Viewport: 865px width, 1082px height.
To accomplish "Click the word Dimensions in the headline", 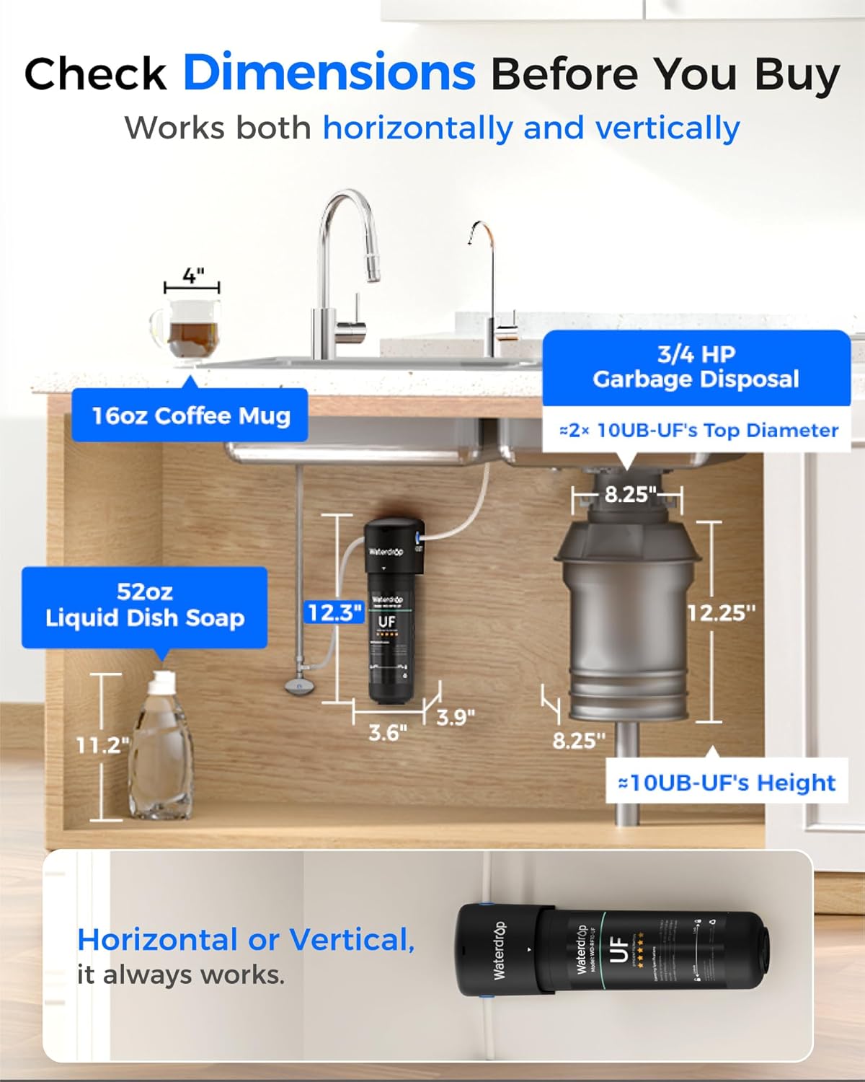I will [x=329, y=73].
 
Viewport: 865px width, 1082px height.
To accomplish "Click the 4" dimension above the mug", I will [x=192, y=276].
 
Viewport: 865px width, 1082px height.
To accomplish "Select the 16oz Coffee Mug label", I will [x=190, y=415].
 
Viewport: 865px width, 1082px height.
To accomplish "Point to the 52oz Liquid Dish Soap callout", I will [x=145, y=605].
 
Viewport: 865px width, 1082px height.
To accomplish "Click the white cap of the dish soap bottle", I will [x=164, y=679].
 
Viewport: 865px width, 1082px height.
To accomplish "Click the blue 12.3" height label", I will [x=334, y=613].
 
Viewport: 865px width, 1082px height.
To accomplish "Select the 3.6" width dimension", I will [x=388, y=732].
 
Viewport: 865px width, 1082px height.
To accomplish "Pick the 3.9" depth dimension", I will [x=456, y=717].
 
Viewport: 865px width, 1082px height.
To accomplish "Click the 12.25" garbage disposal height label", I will [x=721, y=613].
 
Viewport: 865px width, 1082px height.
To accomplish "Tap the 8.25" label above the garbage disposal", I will [x=630, y=494].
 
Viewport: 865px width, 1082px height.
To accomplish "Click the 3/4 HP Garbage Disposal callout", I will [x=696, y=366].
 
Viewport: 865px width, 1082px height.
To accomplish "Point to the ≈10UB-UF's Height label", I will [x=727, y=783].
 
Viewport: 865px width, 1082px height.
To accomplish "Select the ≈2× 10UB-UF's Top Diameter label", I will [x=698, y=431].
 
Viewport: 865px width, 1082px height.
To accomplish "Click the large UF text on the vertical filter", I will [x=387, y=622].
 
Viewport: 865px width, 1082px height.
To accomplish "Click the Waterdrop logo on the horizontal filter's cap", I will [x=500, y=950].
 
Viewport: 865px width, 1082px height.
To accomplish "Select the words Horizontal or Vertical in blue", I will [x=246, y=940].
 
